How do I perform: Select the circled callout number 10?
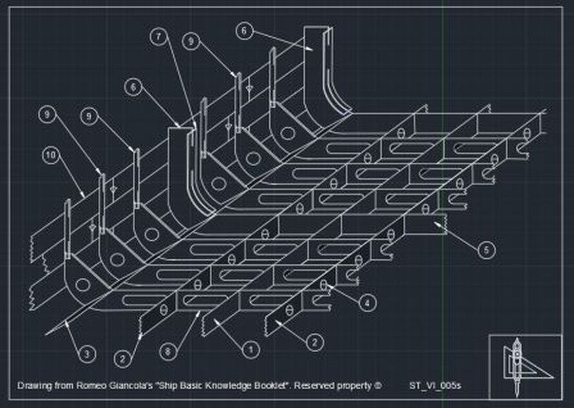click(x=50, y=155)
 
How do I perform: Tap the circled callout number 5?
click(x=487, y=250)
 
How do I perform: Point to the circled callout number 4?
click(x=367, y=302)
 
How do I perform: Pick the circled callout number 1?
click(x=246, y=349)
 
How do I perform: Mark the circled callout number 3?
click(x=87, y=353)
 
